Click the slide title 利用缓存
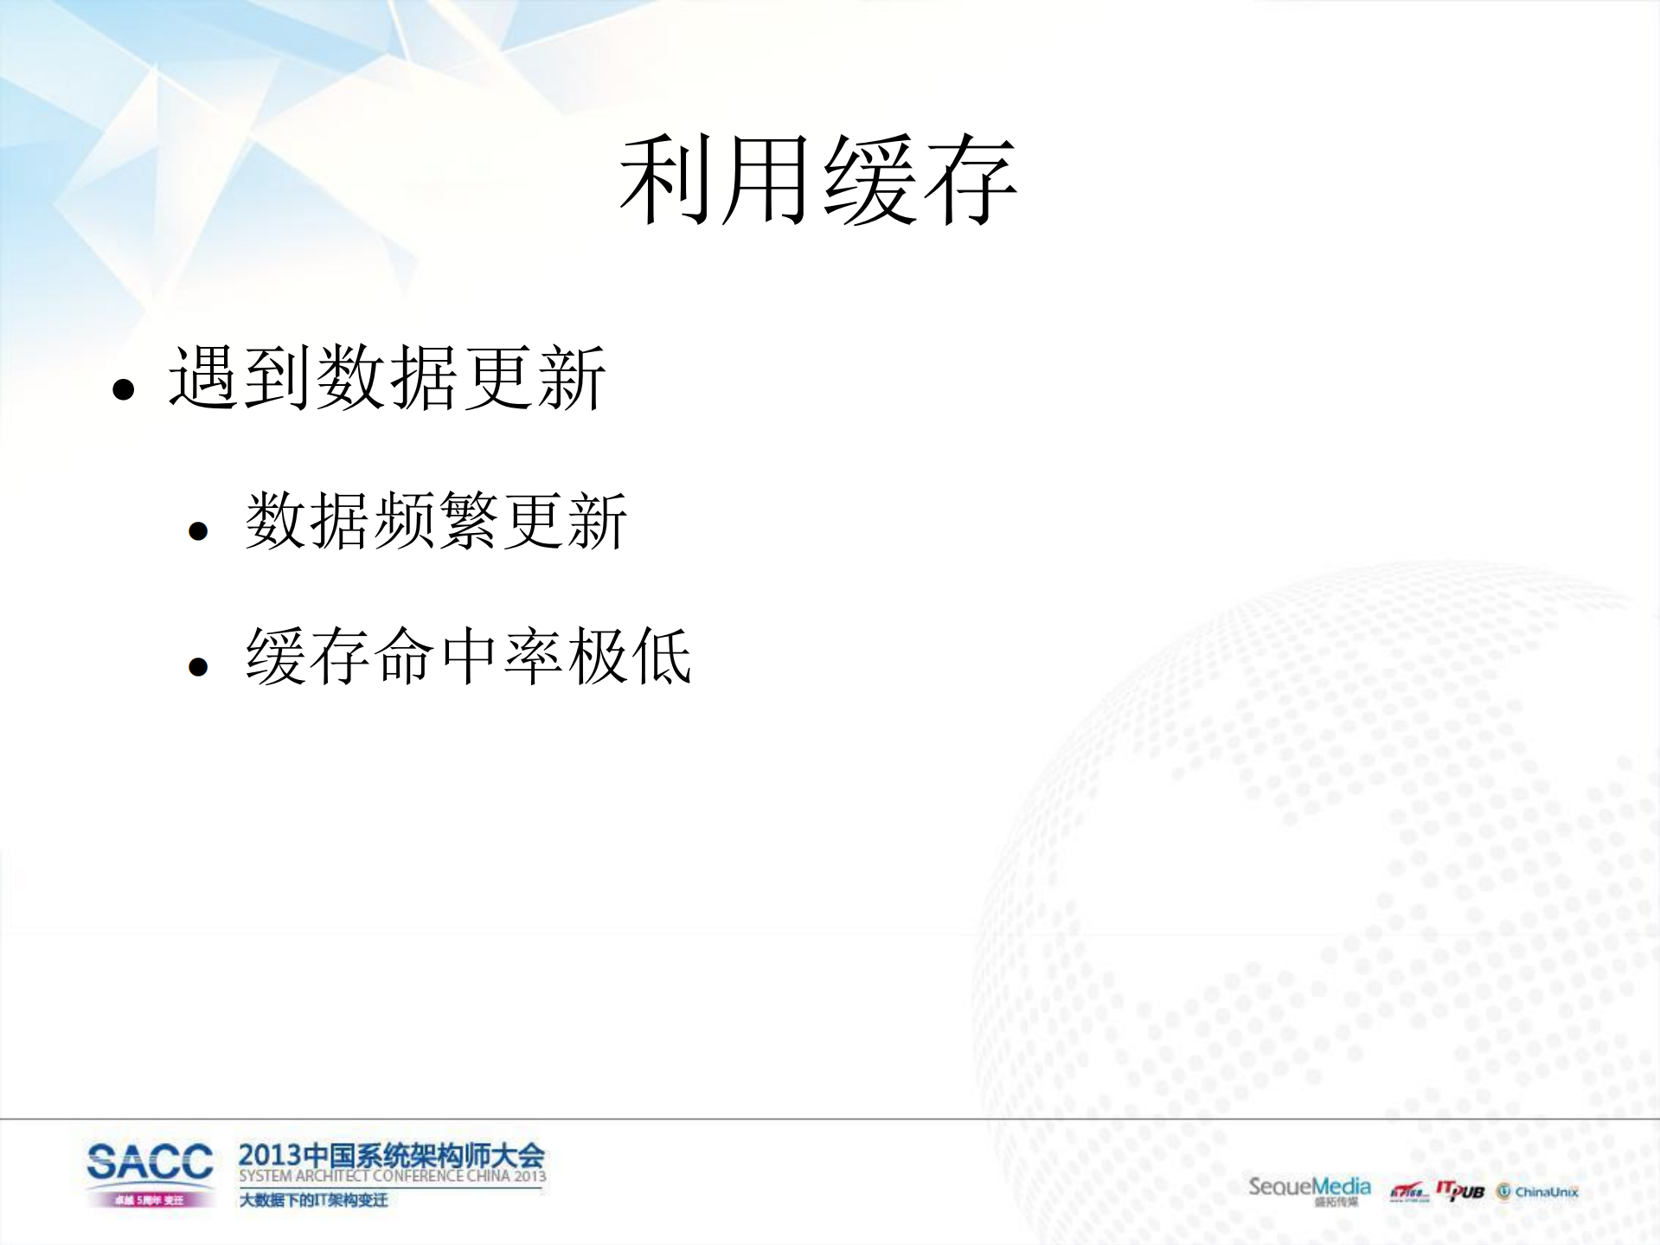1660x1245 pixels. [817, 180]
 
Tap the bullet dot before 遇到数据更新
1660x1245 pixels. [124, 389]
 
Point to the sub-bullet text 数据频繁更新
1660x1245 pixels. [436, 521]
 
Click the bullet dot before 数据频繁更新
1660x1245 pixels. [198, 530]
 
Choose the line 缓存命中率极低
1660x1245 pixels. [468, 656]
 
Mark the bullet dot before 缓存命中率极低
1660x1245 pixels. [198, 666]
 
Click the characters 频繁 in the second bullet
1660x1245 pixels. [436, 521]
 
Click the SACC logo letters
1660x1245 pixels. [150, 1162]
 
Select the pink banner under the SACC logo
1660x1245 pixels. [150, 1200]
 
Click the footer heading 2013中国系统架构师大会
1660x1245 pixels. [391, 1155]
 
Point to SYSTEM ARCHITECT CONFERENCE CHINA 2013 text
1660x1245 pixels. [392, 1177]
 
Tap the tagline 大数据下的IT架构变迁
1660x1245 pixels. [313, 1200]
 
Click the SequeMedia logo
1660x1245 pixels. [1309, 1188]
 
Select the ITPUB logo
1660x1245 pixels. [1460, 1191]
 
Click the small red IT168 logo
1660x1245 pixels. [1408, 1193]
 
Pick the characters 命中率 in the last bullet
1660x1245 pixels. [468, 656]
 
